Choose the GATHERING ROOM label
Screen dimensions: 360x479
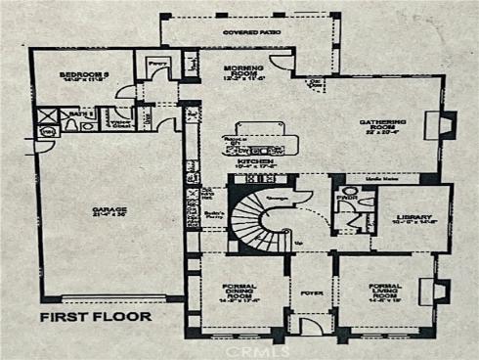tap(382, 124)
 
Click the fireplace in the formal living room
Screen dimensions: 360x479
tap(440, 291)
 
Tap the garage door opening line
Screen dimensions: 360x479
tap(120, 297)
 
